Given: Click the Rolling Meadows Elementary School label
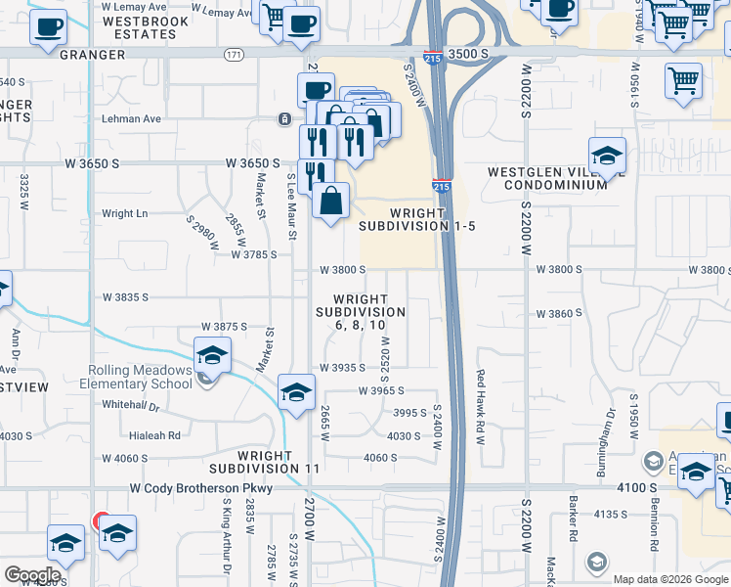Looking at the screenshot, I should (x=140, y=377).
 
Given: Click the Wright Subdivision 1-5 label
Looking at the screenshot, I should (x=416, y=219).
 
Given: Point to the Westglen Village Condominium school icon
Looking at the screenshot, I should (x=607, y=156).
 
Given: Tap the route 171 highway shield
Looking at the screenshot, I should (x=233, y=54).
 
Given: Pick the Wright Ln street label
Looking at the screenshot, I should (x=124, y=213).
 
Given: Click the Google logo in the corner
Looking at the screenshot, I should (x=31, y=575).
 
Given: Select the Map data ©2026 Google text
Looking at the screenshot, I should (x=670, y=579).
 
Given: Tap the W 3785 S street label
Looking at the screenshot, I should (x=254, y=254).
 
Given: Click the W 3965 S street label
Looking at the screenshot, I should (x=382, y=390).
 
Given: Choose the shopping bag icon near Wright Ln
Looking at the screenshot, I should (x=331, y=201).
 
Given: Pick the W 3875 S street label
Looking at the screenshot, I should (x=224, y=326).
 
